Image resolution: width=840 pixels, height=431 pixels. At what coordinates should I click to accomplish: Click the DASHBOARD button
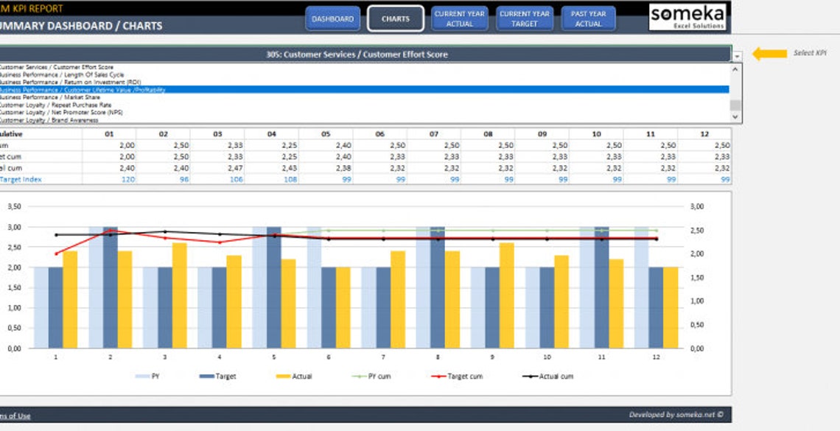point(332,19)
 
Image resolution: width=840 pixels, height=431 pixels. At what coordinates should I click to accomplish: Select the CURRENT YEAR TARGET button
point(525,19)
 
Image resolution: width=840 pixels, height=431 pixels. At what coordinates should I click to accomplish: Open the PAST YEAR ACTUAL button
point(588,19)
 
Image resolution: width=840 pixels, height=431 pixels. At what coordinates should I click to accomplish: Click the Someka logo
point(687,16)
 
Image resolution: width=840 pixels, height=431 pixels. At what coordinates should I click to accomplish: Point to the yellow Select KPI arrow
point(769,54)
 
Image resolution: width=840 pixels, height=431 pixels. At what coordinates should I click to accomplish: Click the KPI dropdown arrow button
point(737,55)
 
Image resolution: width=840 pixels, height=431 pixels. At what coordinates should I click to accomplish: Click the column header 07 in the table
point(433,135)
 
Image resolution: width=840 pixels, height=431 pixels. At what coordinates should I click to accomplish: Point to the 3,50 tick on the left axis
point(14,207)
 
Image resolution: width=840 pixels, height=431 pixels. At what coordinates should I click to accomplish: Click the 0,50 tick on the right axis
point(697,325)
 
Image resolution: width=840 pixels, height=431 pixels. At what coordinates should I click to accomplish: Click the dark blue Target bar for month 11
point(601,287)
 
